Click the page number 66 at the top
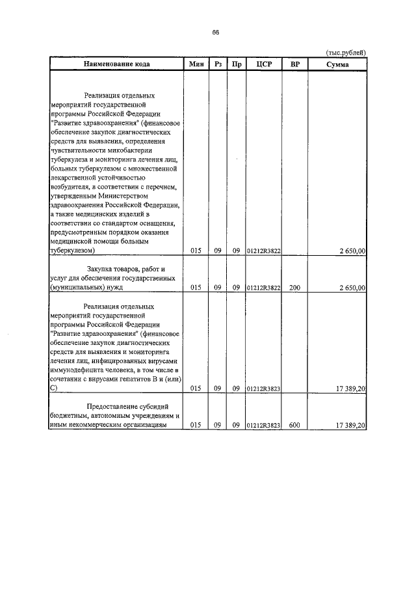215,33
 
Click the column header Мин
196,64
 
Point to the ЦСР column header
263,64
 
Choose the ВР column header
294,64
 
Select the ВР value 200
294,287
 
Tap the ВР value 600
294,425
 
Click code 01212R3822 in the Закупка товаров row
263,287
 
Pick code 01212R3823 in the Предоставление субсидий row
263,425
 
